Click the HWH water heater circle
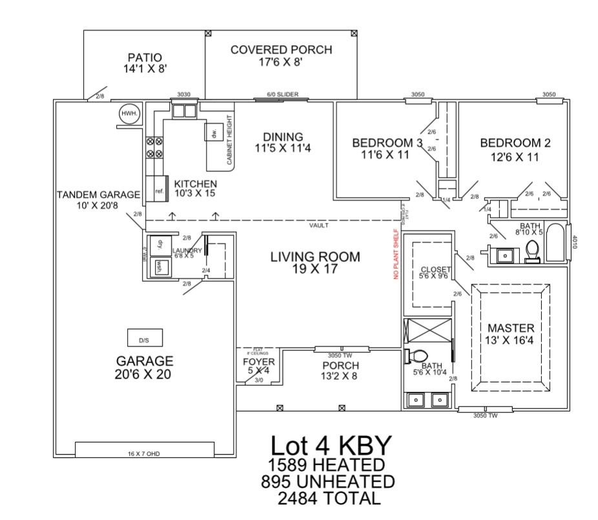click(127, 115)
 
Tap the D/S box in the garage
click(143, 338)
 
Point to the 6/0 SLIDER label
click(283, 94)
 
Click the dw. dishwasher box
click(212, 131)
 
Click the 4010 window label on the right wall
click(574, 242)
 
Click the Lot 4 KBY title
click(331, 446)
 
